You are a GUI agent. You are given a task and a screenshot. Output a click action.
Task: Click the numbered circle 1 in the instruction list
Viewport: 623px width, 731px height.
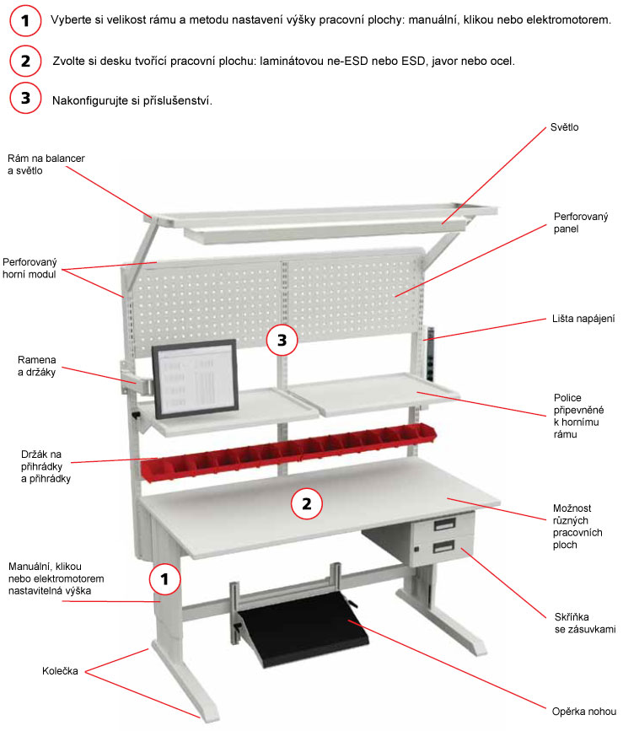[x=26, y=21]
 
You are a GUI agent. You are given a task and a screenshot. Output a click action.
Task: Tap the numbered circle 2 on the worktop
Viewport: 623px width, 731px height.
[x=307, y=504]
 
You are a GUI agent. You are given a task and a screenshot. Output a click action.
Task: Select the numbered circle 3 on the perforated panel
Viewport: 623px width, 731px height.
[x=282, y=341]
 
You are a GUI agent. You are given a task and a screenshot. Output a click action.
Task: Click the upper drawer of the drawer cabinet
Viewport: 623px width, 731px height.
[x=453, y=527]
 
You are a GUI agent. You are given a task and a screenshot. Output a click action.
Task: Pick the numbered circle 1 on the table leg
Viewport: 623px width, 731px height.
[x=165, y=579]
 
